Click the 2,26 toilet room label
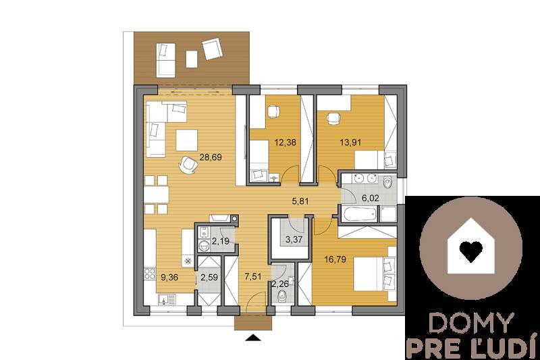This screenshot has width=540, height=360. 281,284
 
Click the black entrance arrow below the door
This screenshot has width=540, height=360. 253,338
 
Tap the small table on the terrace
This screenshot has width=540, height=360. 192,59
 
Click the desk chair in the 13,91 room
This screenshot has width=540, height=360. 332,119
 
